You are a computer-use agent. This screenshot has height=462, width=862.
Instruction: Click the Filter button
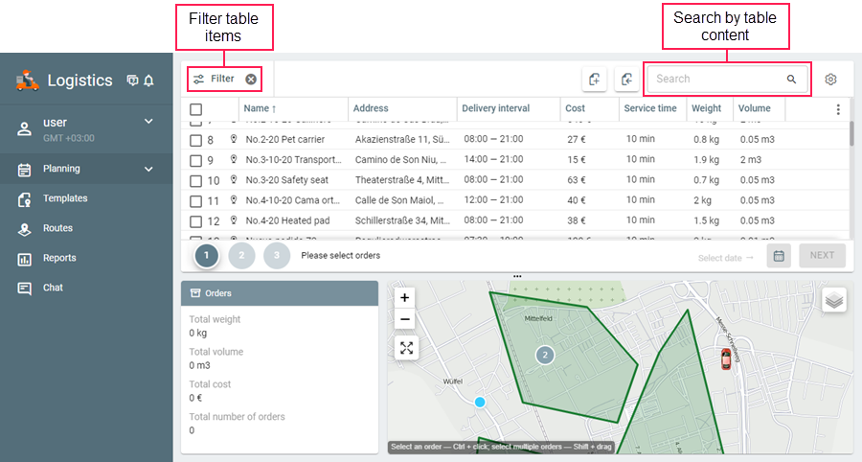(215, 79)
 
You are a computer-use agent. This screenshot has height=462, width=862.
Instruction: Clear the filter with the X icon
(251, 79)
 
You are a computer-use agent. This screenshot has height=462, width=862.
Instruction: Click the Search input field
(718, 79)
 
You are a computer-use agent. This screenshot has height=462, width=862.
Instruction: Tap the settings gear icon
(830, 79)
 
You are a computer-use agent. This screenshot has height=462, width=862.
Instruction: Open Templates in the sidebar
(64, 198)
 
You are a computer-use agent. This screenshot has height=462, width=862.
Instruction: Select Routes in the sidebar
(58, 228)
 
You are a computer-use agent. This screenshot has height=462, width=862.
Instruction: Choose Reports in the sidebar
(59, 258)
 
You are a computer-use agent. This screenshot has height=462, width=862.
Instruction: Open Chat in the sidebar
(53, 288)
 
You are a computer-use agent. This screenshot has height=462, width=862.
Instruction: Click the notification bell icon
(148, 81)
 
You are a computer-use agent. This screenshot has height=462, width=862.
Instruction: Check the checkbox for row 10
(195, 180)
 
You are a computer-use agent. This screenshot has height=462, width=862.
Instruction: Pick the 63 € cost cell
(577, 180)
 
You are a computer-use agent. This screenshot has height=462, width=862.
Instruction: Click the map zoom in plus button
(406, 298)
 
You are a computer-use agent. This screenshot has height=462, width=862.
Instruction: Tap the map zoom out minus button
(406, 320)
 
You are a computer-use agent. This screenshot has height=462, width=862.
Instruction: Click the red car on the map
(725, 359)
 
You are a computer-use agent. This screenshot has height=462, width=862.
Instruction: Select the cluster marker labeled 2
(545, 355)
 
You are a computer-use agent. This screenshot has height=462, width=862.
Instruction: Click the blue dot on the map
(481, 402)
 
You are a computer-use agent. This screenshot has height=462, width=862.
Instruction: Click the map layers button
(834, 300)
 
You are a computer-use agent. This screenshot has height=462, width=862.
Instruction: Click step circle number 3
(277, 256)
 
